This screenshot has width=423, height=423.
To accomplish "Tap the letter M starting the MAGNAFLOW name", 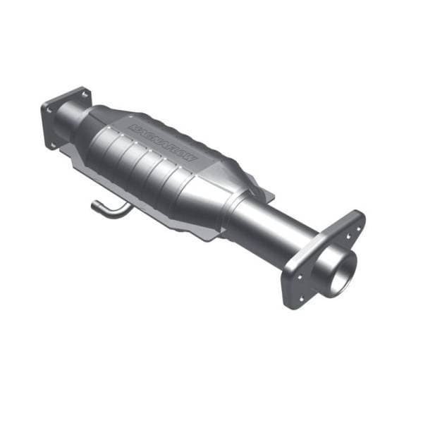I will (133, 128).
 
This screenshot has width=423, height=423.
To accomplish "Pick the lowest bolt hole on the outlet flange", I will (298, 299).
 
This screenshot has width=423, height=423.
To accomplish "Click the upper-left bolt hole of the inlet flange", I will (48, 106).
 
